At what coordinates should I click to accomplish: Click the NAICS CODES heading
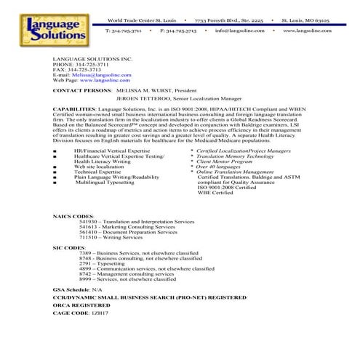74,217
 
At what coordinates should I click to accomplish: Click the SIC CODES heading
69,247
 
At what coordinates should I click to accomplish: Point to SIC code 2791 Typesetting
111,263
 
